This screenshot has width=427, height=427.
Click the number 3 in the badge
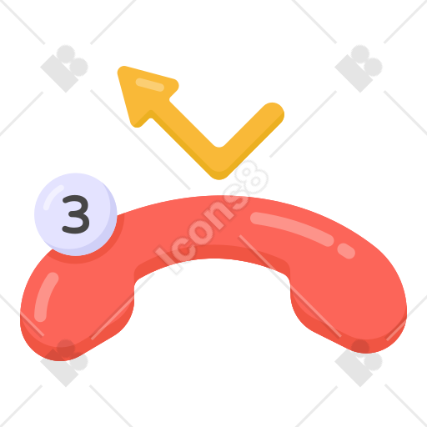(76, 214)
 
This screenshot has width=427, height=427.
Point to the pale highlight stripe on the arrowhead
(149, 84)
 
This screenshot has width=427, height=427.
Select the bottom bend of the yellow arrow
(219, 164)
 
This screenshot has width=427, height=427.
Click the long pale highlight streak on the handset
(292, 229)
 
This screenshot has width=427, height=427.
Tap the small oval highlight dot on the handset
(346, 251)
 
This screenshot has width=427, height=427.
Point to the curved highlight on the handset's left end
(45, 296)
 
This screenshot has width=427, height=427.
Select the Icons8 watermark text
(211, 217)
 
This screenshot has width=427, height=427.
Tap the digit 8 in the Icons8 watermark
(252, 178)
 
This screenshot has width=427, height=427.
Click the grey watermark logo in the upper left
(64, 68)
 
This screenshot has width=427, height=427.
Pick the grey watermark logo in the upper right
(359, 68)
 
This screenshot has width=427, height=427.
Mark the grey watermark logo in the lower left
(64, 363)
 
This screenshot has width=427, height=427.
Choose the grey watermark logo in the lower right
(359, 363)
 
